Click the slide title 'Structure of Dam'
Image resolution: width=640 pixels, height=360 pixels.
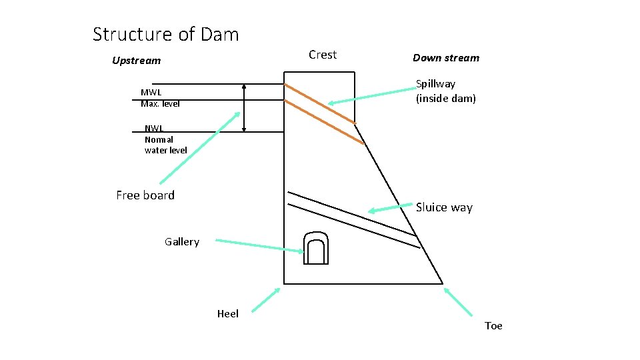pyautogui.click(x=165, y=34)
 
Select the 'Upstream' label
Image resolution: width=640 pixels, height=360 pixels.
pyautogui.click(x=136, y=61)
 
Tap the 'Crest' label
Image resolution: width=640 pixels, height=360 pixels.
pyautogui.click(x=323, y=55)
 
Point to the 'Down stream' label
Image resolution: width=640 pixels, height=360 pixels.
pyautogui.click(x=445, y=58)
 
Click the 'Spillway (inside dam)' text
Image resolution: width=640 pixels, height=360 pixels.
pyautogui.click(x=445, y=91)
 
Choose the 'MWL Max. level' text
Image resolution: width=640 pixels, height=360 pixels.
pyautogui.click(x=160, y=98)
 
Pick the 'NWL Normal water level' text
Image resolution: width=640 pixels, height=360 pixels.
pyautogui.click(x=165, y=139)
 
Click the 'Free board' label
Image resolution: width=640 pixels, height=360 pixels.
pyautogui.click(x=145, y=195)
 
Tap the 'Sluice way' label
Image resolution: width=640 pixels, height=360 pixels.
pyautogui.click(x=444, y=208)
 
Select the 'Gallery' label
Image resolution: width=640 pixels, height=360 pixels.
pyautogui.click(x=181, y=242)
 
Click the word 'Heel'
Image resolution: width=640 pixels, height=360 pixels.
pyautogui.click(x=227, y=314)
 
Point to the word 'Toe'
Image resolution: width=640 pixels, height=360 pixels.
pyautogui.click(x=493, y=326)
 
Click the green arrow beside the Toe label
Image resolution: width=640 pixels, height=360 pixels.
pyautogui.click(x=459, y=301)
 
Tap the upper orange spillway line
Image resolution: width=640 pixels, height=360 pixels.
pyautogui.click(x=319, y=103)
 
